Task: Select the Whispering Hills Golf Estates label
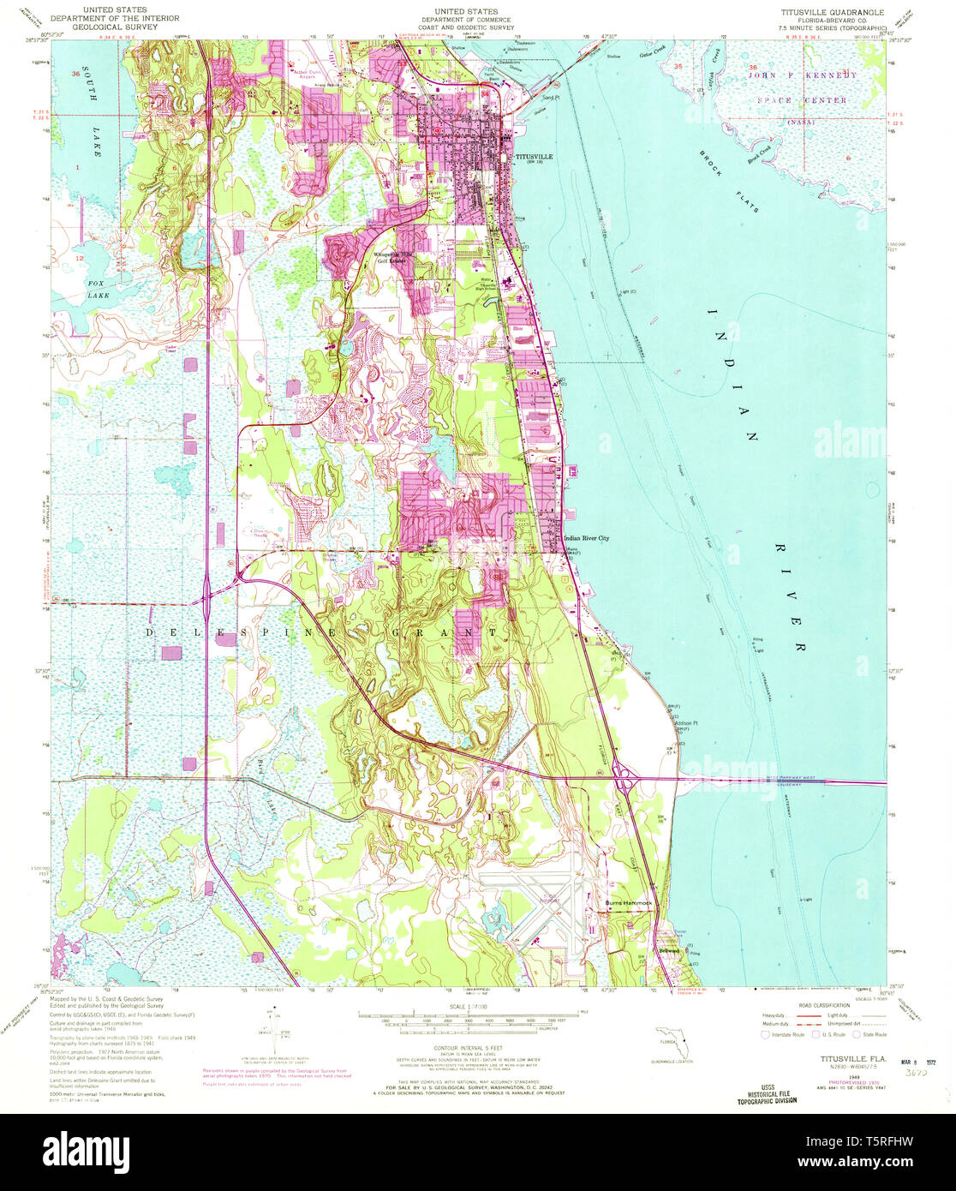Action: click(x=393, y=256)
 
